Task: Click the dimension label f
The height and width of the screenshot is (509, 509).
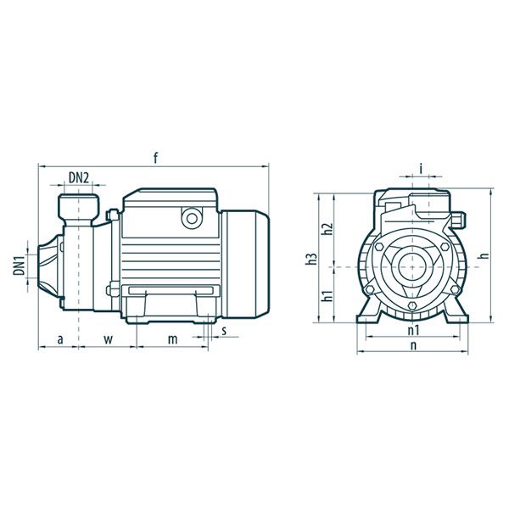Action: (x=156, y=159)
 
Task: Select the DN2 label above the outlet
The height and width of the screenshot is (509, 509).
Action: (x=79, y=178)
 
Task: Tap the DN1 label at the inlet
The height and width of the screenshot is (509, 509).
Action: (x=20, y=266)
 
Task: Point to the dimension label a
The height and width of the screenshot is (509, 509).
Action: (x=60, y=340)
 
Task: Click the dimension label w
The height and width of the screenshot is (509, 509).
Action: (x=109, y=340)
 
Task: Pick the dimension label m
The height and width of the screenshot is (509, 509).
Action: (x=173, y=340)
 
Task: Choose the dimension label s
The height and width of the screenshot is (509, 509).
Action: (x=224, y=331)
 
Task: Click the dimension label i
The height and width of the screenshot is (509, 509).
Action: (x=421, y=169)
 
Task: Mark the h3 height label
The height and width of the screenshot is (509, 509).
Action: (x=311, y=259)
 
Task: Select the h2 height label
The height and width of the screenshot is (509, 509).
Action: (x=327, y=229)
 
